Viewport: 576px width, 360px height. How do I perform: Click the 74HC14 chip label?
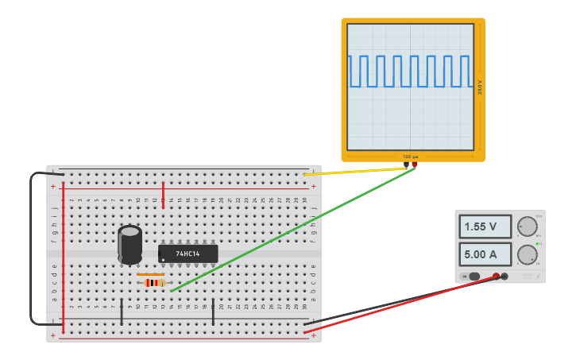187,254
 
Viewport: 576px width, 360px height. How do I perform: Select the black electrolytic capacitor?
130,244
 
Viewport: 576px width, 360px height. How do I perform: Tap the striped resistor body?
154,282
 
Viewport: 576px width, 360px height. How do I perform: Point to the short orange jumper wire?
150,274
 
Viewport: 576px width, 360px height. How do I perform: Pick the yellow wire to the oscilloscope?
358,170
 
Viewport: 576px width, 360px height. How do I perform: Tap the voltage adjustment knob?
527,226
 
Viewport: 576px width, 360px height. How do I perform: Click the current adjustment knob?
527,255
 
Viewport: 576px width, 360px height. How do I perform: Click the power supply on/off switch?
474,277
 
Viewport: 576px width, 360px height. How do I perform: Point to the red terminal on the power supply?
496,277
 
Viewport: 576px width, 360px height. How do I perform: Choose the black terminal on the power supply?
504,277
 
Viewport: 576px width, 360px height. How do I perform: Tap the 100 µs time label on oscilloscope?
411,157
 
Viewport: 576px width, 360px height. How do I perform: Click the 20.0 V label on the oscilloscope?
480,87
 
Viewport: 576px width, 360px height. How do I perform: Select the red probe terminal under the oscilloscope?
414,165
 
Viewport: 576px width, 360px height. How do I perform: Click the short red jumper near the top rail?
163,195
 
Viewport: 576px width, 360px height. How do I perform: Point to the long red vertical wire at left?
63,254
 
